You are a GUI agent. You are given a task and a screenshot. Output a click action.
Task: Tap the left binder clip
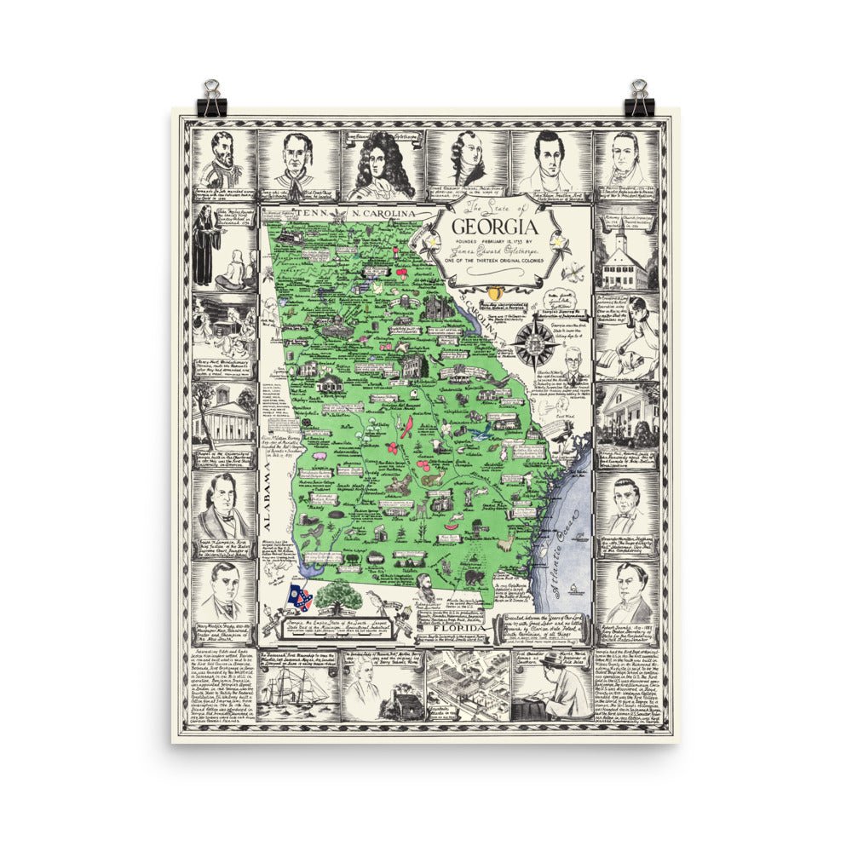pyautogui.click(x=210, y=99)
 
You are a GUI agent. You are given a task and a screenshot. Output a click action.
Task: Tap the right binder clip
pyautogui.click(x=640, y=99)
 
